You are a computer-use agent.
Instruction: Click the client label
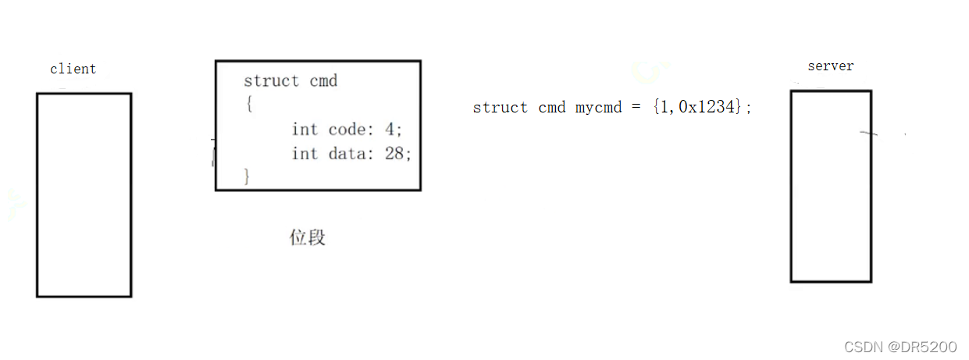(x=73, y=69)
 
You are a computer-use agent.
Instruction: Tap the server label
(x=830, y=66)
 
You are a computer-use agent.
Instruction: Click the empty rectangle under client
(x=84, y=194)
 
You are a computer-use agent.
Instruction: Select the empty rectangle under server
(x=830, y=186)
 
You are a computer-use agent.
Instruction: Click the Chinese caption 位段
(x=307, y=237)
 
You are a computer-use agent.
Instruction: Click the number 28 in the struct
(x=394, y=153)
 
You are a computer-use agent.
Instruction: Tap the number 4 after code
(x=390, y=130)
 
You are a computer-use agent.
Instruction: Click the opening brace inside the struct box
(x=248, y=105)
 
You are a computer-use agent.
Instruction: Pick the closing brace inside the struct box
(x=248, y=176)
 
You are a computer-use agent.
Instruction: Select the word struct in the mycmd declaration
(x=501, y=108)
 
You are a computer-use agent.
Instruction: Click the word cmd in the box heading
(x=323, y=81)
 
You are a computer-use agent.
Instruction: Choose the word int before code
(x=305, y=130)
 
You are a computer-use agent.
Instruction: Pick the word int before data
(x=305, y=153)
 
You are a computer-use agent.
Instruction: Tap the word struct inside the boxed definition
(x=271, y=81)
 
